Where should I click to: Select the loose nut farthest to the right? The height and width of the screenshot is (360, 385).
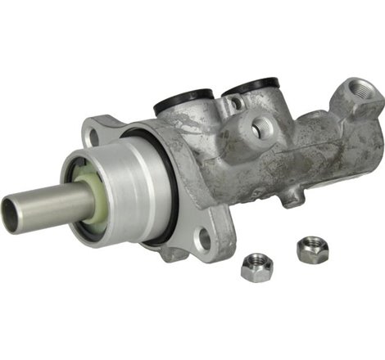[310, 250]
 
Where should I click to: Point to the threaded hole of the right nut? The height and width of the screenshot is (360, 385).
[311, 246]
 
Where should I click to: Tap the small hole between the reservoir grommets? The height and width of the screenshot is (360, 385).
[236, 103]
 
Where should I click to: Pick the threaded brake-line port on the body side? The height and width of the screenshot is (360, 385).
[264, 126]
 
